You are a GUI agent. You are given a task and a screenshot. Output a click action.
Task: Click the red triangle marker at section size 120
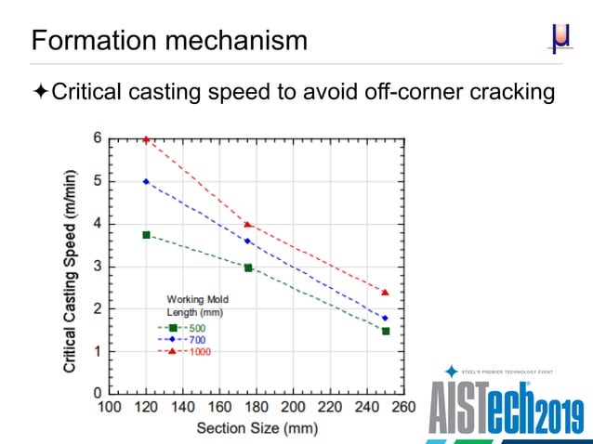point(146,139)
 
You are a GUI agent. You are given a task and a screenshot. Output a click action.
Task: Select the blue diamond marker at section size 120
point(146,181)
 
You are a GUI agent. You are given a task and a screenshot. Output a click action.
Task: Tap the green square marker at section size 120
point(146,235)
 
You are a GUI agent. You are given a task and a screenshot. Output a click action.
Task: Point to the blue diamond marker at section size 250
point(385,318)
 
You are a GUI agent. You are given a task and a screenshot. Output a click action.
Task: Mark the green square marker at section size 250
point(385,331)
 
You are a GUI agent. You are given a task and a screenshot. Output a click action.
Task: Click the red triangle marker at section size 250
point(385,293)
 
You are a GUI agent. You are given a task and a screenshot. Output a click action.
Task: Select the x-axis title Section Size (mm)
point(257,428)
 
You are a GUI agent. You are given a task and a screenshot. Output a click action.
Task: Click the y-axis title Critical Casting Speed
point(71,269)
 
